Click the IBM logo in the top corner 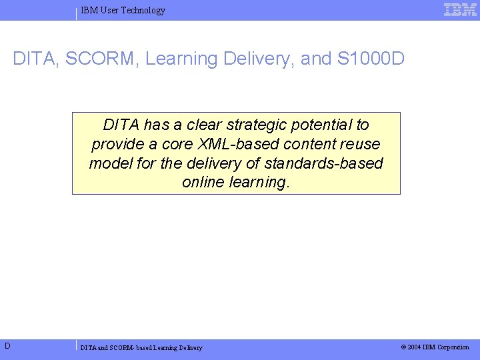(460, 9)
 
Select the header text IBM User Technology (123, 10)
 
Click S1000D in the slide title (371, 59)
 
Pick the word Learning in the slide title (177, 59)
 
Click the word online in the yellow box (203, 183)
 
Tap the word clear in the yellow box (204, 125)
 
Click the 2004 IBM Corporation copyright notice (435, 347)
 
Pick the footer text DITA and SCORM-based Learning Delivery (141, 347)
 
